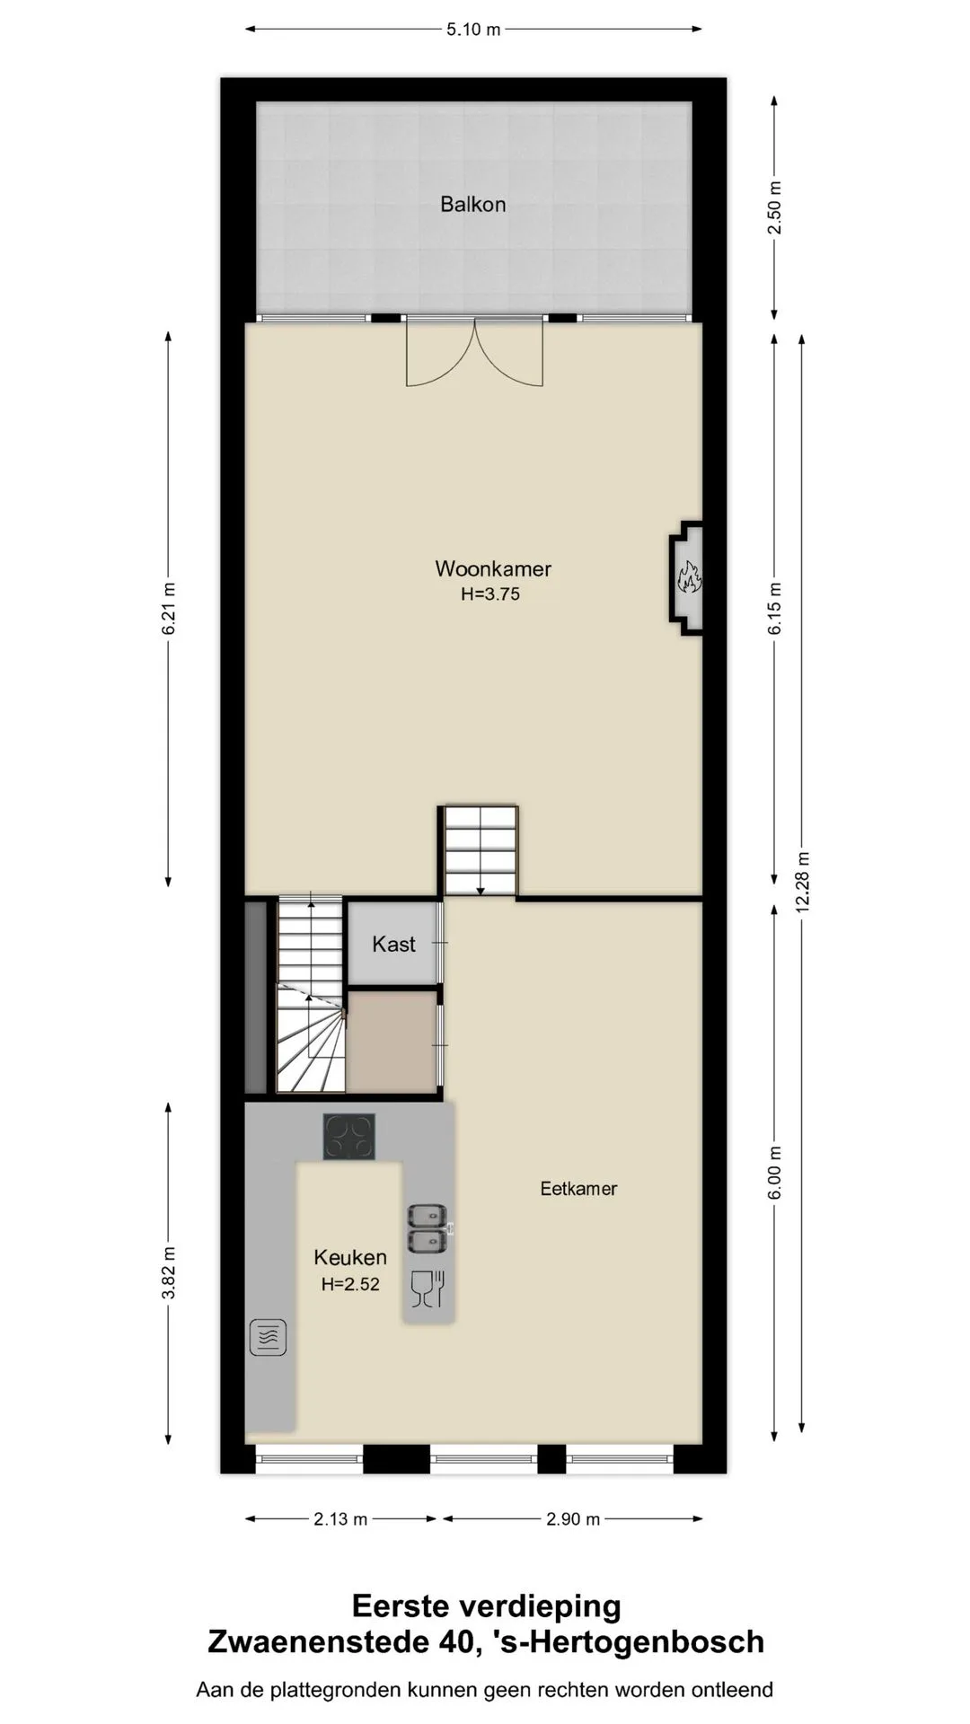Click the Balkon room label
[x=472, y=205]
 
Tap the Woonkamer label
[x=493, y=568]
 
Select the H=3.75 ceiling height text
[x=490, y=594]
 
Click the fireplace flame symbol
[x=689, y=577]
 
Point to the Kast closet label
[x=393, y=944]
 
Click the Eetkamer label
[x=578, y=1189]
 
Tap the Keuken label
[x=350, y=1257]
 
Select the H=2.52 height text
[x=350, y=1284]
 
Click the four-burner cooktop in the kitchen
[x=349, y=1137]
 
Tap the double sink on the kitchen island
[x=428, y=1228]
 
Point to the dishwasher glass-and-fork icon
[x=428, y=1289]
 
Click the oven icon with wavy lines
[x=268, y=1337]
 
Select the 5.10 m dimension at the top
[x=473, y=30]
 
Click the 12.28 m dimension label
[x=803, y=883]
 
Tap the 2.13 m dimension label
[x=340, y=1519]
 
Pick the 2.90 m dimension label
[x=573, y=1519]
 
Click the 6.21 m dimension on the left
[x=169, y=609]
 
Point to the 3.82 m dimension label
[x=169, y=1272]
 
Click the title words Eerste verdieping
[x=486, y=1605]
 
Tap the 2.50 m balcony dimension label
[x=774, y=207]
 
